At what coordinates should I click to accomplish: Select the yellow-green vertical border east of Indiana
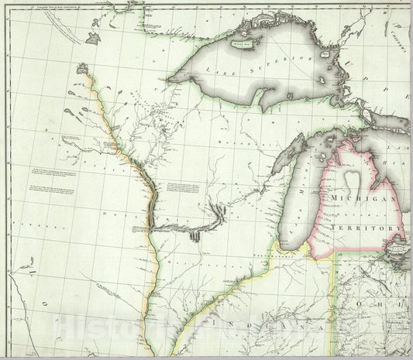(335, 302)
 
